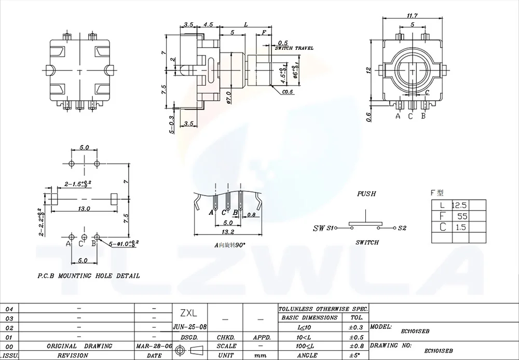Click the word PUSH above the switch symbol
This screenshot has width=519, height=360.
pyautogui.click(x=366, y=194)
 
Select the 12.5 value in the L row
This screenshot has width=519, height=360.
pyautogui.click(x=460, y=205)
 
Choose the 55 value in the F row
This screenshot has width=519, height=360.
pyautogui.click(x=460, y=216)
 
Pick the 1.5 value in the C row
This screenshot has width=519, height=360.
pyautogui.click(x=460, y=227)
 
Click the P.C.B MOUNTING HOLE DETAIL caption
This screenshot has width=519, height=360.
pyautogui.click(x=89, y=276)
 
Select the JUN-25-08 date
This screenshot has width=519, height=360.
pyautogui.click(x=189, y=327)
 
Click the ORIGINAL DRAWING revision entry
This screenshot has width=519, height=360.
pyautogui.click(x=79, y=346)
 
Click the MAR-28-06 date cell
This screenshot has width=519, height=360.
pyautogui.click(x=154, y=346)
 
